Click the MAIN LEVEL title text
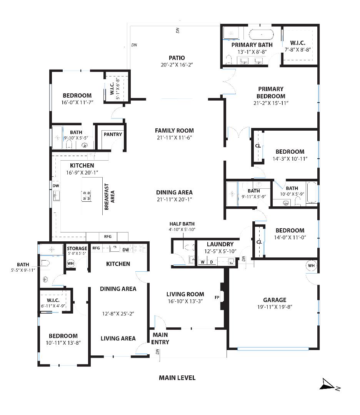point(177,378)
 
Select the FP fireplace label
point(217,297)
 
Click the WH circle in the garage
point(311,266)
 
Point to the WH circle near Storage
point(71,264)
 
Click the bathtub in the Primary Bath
point(261,35)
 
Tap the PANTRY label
point(113,134)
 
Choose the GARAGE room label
point(275,300)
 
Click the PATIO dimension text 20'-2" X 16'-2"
point(177,65)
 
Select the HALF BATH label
point(182,224)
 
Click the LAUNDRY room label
point(220,244)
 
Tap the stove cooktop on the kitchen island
point(86,196)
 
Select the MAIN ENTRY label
point(160,338)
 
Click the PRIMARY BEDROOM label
point(271,92)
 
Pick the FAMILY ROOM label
point(174,130)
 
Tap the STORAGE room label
point(77,249)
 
